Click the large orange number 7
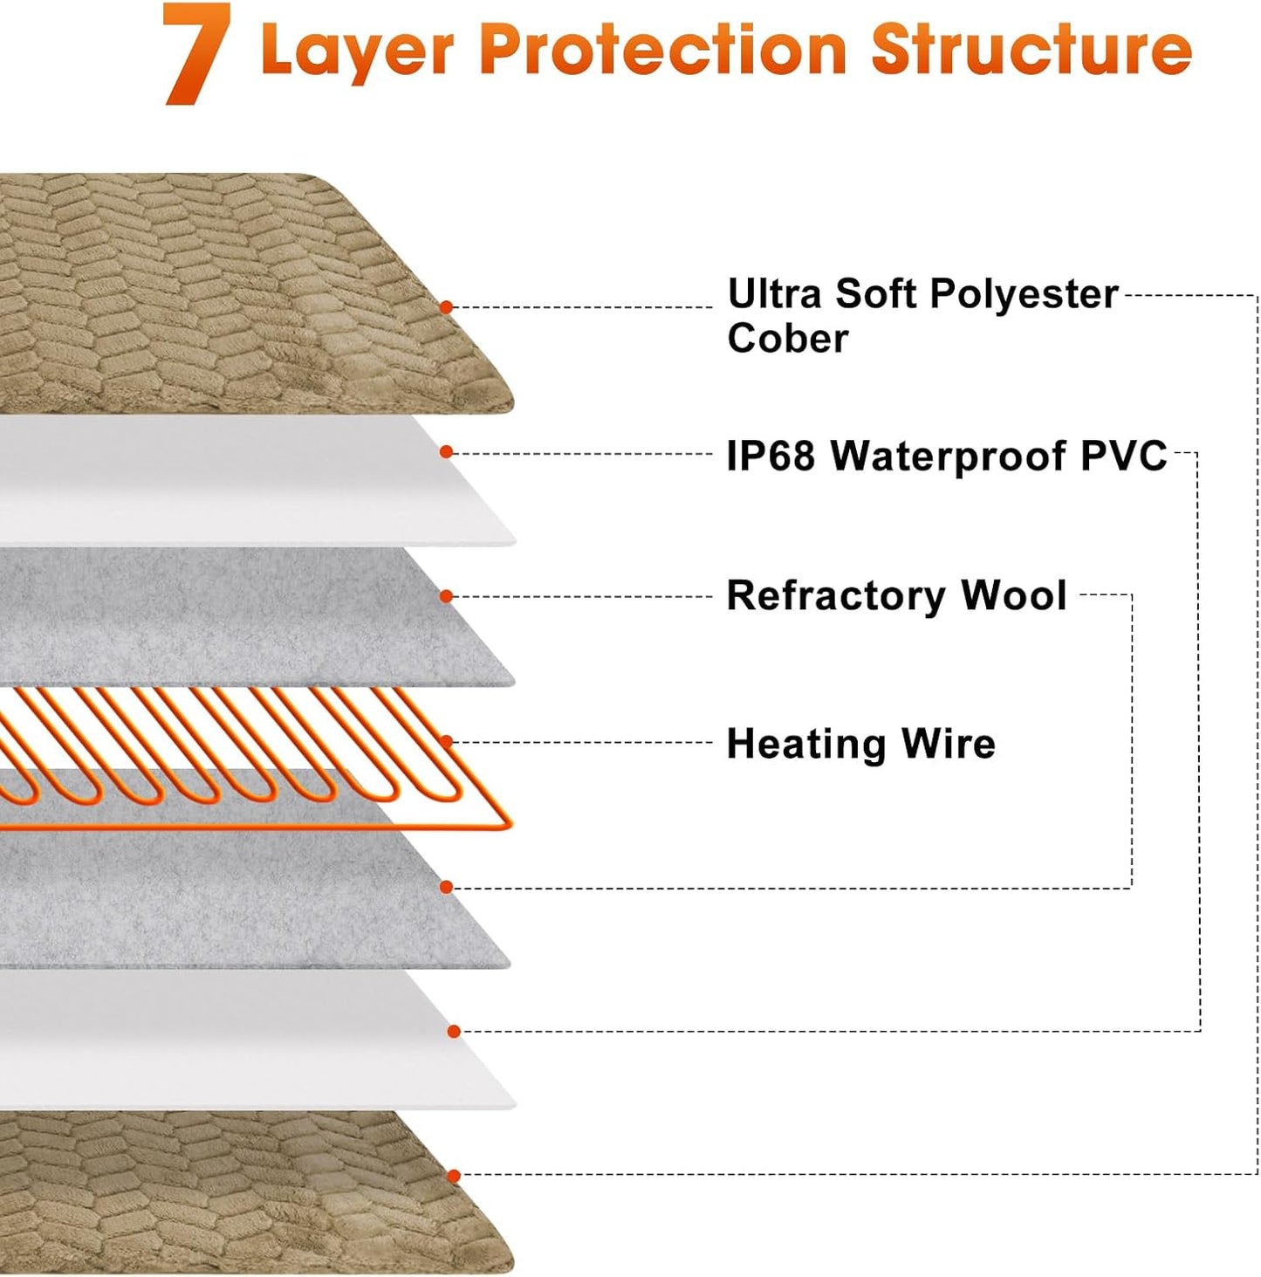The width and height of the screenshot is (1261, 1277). pos(196,54)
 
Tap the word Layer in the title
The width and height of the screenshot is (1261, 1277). pos(357,50)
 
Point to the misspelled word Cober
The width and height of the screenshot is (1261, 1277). pos(787,339)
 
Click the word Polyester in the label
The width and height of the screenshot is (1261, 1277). pos(1023,294)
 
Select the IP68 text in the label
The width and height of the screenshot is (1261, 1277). pos(771,456)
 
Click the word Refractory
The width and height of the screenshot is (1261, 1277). pos(836,596)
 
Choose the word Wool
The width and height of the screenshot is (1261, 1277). pos(1013,596)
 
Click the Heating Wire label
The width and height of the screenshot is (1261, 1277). pos(860,745)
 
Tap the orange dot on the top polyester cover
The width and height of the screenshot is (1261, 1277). pos(446,307)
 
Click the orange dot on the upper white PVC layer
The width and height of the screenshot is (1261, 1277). pos(446,452)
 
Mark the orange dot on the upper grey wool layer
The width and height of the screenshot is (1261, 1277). pos(446,597)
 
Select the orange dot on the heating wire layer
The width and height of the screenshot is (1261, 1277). pos(446,742)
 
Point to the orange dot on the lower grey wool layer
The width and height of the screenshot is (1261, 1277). pos(446,888)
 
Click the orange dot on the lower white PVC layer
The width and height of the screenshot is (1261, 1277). pos(453,1032)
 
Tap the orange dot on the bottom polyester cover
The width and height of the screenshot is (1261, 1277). pos(453,1177)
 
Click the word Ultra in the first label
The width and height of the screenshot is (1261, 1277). pos(774,294)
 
